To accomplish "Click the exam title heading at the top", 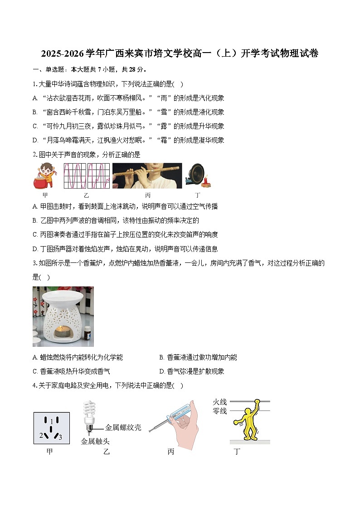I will [x=180, y=53].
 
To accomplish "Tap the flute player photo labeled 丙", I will [x=147, y=175].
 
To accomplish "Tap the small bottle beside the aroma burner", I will [x=87, y=334].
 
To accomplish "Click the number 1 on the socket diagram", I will [x=52, y=422].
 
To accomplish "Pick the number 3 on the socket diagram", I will [x=60, y=437].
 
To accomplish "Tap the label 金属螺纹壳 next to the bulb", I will [x=123, y=427].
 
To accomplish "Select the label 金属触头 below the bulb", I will [x=95, y=441].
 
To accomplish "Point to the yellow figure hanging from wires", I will [x=248, y=419].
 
